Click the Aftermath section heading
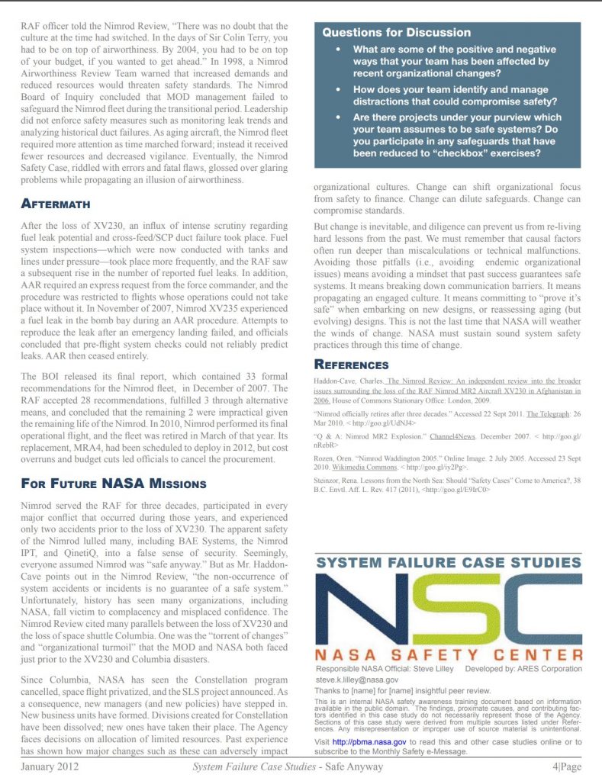coord(56,204)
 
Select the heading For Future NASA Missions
coord(114,484)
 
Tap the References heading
coord(352,365)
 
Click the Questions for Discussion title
coord(396,33)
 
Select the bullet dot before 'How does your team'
coord(338,90)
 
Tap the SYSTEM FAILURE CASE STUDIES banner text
coord(448,563)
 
